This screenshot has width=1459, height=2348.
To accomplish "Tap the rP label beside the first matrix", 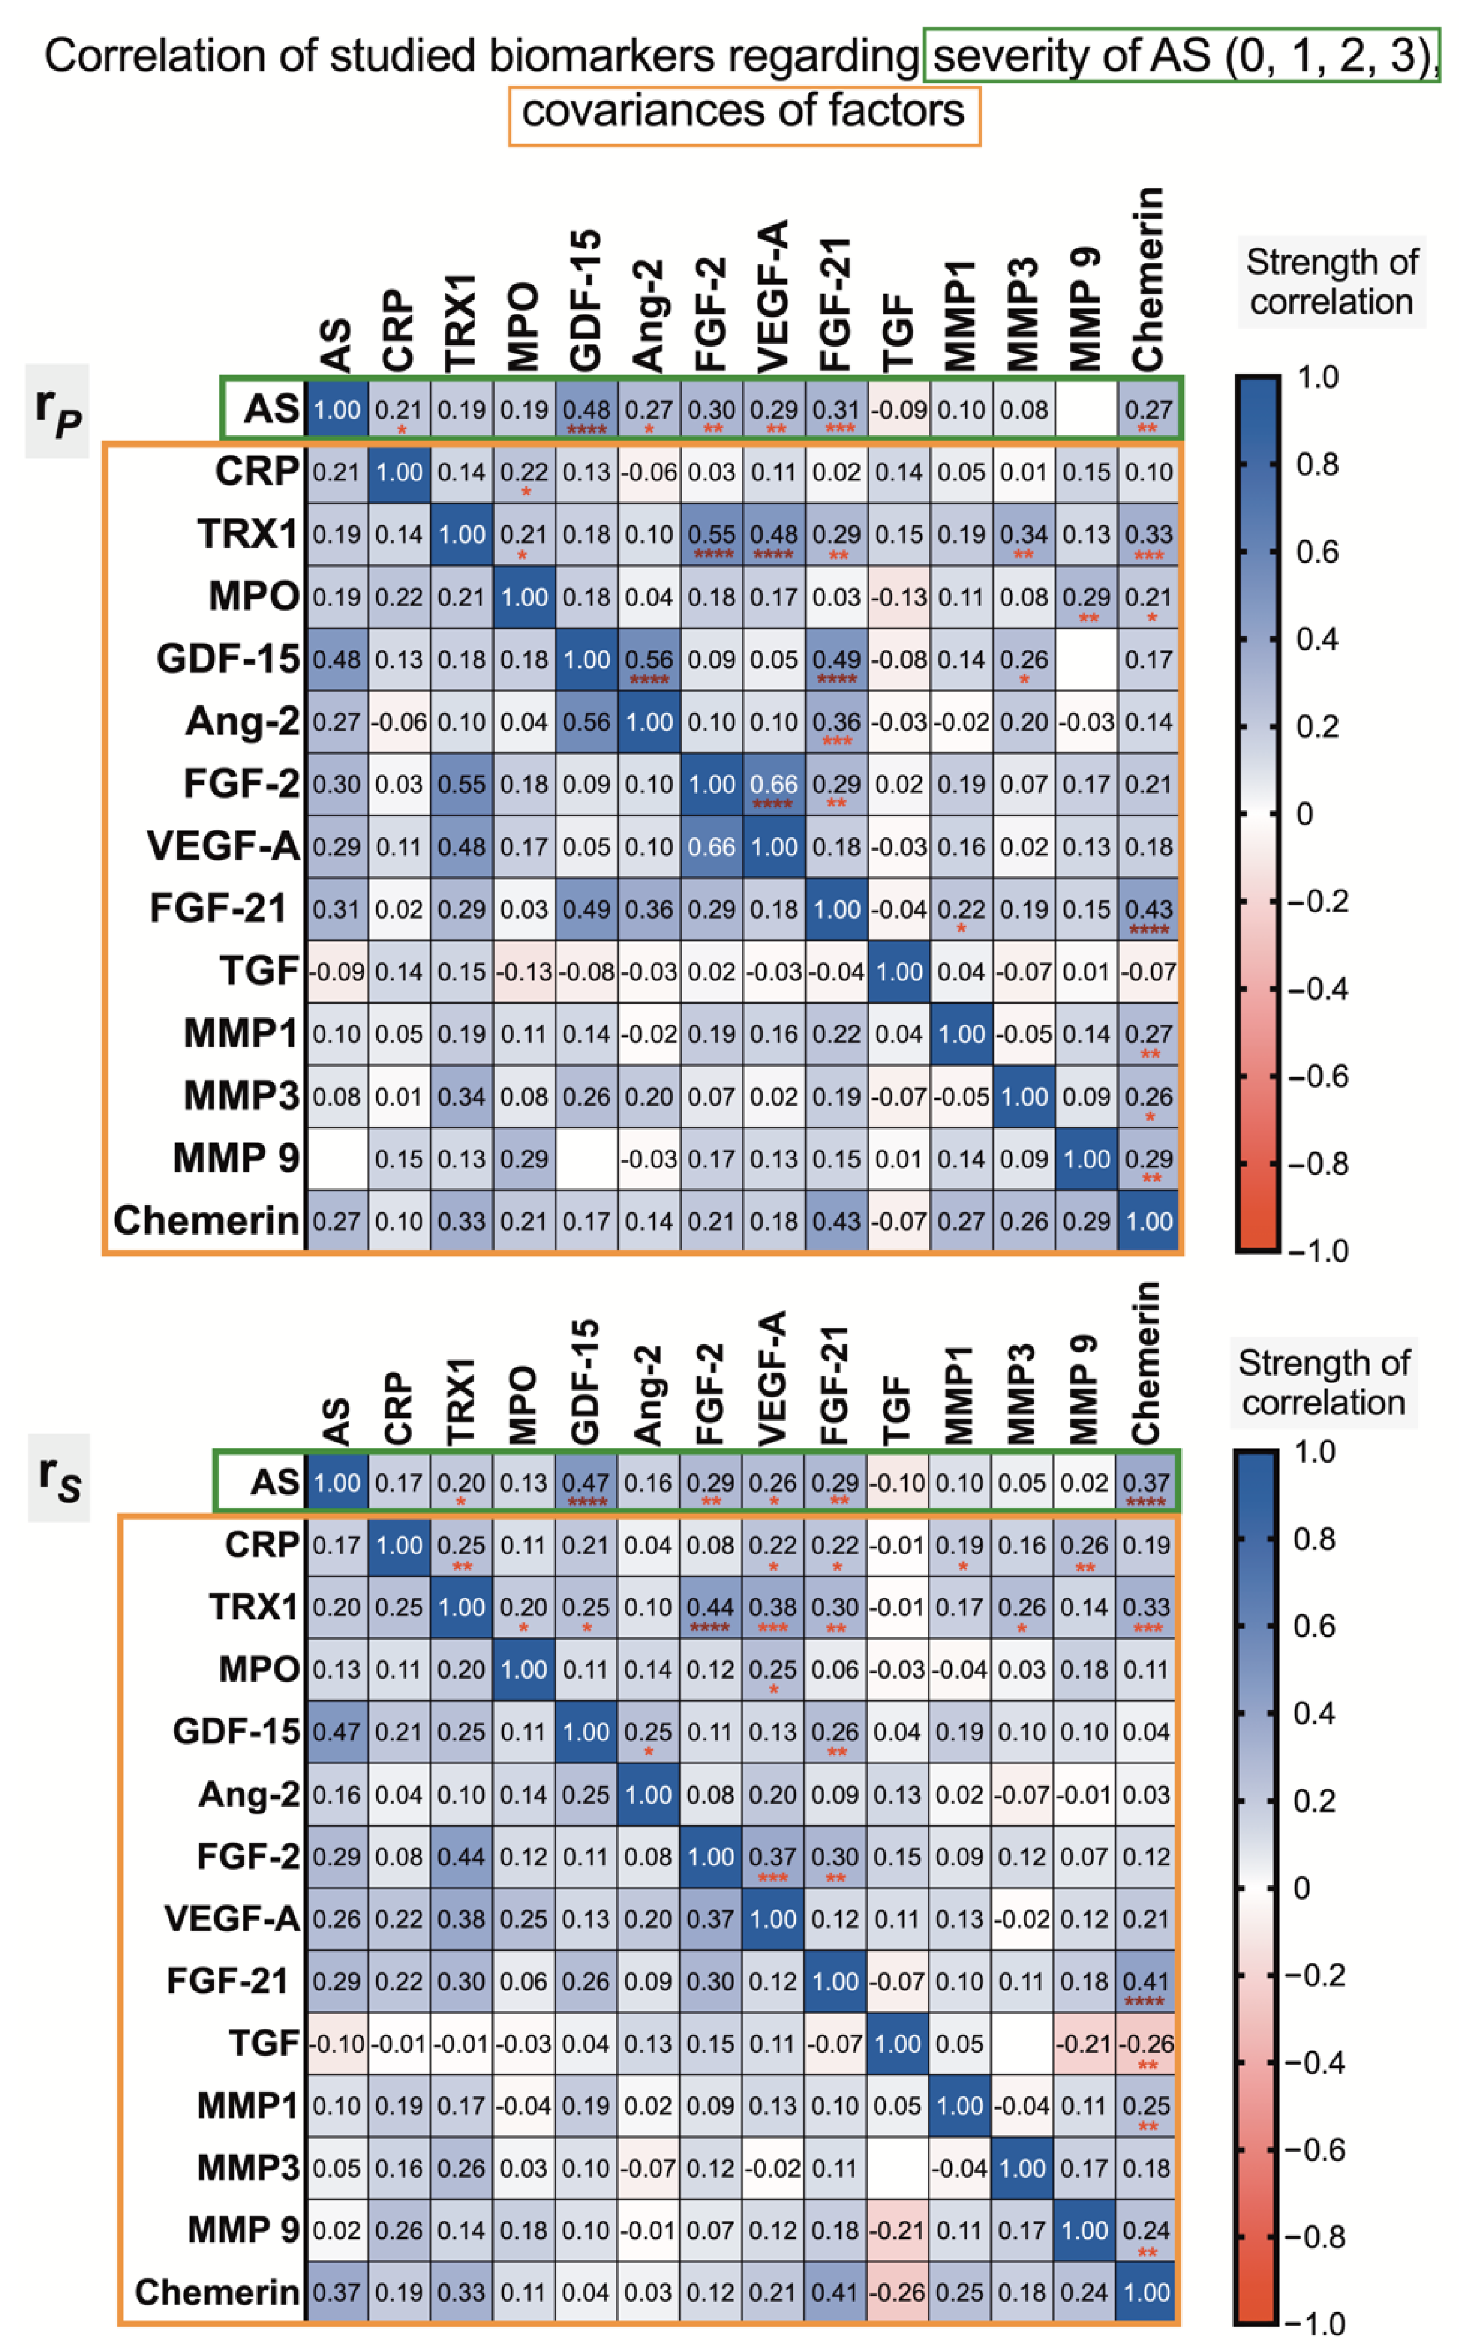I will click(x=57, y=411).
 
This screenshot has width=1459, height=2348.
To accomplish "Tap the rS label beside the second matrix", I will click(x=58, y=1478).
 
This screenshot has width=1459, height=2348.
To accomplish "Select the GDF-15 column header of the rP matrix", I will click(x=586, y=301).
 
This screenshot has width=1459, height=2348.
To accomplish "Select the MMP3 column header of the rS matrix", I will click(x=1022, y=1393).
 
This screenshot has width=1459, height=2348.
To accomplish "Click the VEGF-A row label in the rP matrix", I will click(x=223, y=846).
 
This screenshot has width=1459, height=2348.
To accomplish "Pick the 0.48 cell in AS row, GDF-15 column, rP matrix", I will click(x=586, y=410).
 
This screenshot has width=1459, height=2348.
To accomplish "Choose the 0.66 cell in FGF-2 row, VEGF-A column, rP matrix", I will click(x=774, y=785).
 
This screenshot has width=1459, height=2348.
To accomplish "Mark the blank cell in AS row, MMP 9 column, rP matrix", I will click(x=1086, y=410).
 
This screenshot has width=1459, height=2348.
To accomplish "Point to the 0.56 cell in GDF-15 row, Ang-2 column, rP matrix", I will click(x=648, y=660).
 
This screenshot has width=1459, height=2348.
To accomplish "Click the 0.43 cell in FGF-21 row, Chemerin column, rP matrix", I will click(x=1148, y=909).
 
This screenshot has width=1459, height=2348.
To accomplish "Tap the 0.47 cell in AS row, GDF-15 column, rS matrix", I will click(x=586, y=1483).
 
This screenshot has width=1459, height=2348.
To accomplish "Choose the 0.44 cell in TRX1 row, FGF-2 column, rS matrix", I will click(x=711, y=1608).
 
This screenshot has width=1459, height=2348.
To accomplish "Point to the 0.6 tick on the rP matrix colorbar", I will click(x=1317, y=552).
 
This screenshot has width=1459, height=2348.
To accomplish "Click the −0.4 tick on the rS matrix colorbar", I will click(x=1317, y=2063).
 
